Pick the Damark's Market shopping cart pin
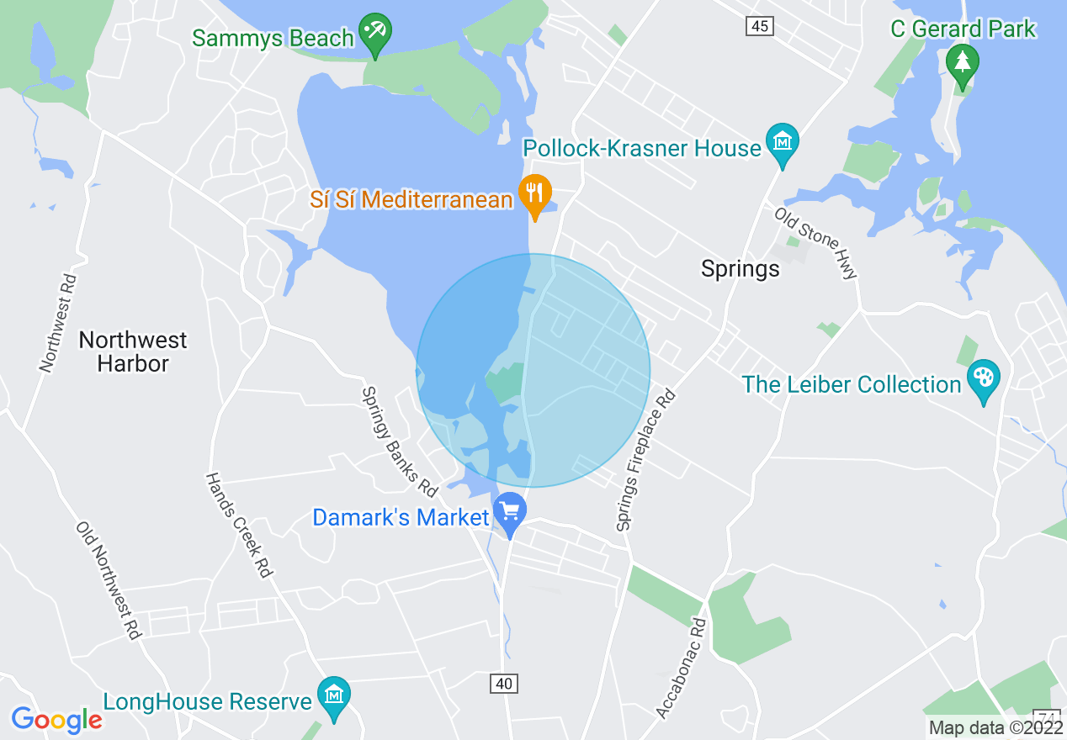tap(509, 512)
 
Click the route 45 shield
tap(759, 27)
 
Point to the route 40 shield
tap(503, 684)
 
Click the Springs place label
tap(741, 269)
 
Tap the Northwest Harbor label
tap(133, 351)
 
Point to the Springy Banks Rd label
tap(400, 441)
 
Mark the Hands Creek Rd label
tap(239, 525)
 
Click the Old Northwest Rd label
tap(107, 580)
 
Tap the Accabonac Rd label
tap(681, 669)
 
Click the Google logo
tap(56, 720)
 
